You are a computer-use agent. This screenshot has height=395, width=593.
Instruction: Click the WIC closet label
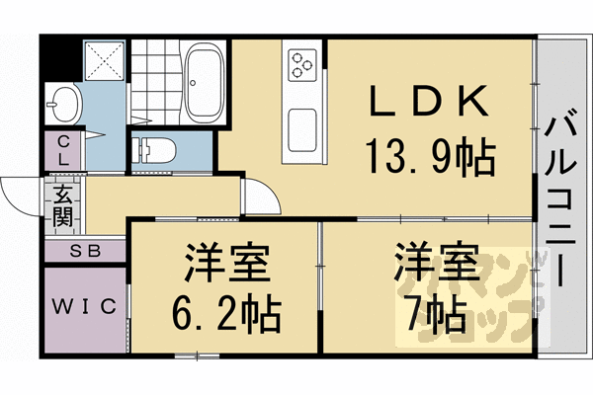point(84,304)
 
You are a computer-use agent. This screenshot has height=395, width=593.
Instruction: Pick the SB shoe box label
point(84,251)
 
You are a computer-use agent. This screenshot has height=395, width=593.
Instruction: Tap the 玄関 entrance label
point(61,204)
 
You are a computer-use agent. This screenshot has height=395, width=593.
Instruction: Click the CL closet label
point(61,150)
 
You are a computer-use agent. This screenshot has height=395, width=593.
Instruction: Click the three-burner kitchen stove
point(302,65)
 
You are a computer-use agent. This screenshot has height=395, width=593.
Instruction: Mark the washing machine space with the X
point(103,61)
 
